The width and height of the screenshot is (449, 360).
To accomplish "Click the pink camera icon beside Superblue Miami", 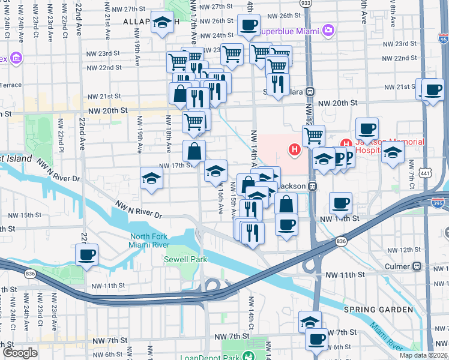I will tap(328, 29).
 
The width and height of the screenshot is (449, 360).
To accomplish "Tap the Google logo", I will tap(20, 353).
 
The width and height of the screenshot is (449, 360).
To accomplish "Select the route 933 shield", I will tap(306, 3).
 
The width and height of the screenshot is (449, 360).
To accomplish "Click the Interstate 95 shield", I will tap(443, 40).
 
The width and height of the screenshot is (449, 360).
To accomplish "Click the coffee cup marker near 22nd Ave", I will tap(86, 254).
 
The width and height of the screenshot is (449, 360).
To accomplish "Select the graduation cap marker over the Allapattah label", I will tap(161, 23).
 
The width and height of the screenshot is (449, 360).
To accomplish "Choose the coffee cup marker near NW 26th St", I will tap(248, 25).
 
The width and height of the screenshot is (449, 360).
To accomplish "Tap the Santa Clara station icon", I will tap(310, 92).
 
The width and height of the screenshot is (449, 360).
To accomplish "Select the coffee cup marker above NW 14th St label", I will tap(341, 203).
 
